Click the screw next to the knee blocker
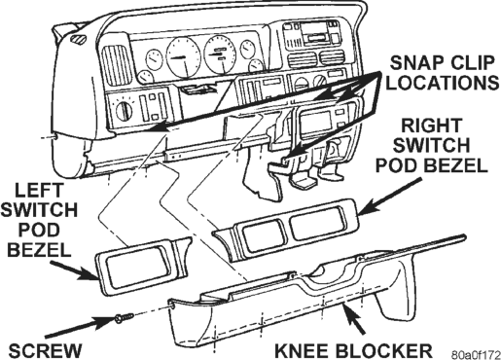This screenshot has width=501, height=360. pos(124,317)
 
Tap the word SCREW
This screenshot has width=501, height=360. pos(45,351)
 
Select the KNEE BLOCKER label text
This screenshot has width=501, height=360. pos(353,350)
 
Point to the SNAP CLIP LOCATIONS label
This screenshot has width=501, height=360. pos(443,73)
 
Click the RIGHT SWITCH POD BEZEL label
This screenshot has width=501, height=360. pos(432,146)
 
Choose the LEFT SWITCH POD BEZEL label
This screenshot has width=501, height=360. pos(39,220)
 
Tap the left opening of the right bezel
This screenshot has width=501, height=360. pos(263,232)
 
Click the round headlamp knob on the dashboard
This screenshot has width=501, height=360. pos(124,110)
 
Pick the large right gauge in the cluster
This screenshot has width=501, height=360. pos(221,54)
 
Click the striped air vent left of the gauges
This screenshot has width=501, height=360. pos(117,64)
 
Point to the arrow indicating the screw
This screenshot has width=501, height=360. pos(80,327)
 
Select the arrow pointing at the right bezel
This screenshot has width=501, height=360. pos(390,197)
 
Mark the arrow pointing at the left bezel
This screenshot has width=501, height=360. pos(74,270)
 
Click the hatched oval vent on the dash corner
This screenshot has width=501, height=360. pos(78,38)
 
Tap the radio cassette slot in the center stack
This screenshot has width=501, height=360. pos(317,38)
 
